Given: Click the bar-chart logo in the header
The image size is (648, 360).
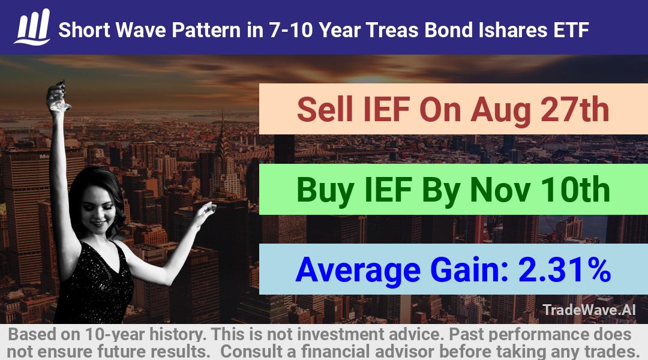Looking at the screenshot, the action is pos(32,26).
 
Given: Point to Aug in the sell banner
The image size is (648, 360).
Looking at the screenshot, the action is pos(500,111).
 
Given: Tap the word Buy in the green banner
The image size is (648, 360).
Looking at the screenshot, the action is pos(325,191).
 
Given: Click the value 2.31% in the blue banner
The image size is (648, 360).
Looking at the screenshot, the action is pos(565,269).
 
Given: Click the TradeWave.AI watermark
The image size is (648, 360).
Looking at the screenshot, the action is pos(589,310).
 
